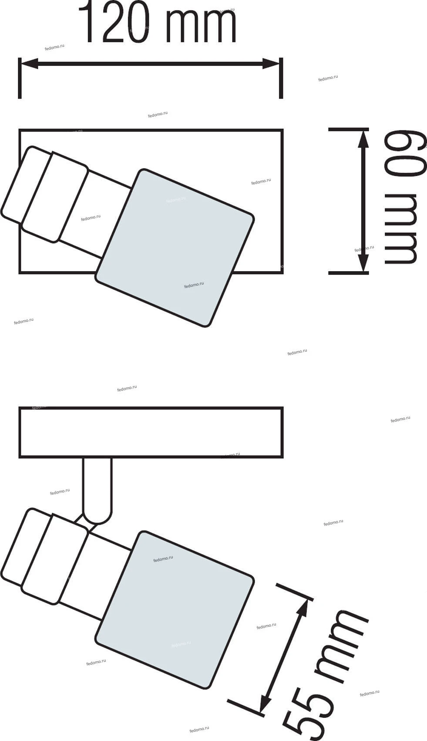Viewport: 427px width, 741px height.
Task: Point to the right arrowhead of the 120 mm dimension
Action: pyautogui.click(x=271, y=64)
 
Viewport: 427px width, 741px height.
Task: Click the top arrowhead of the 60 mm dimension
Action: pyautogui.click(x=363, y=139)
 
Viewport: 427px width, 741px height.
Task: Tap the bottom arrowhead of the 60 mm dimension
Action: pyautogui.click(x=363, y=263)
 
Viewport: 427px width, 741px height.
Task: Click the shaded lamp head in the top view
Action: pyautogui.click(x=175, y=248)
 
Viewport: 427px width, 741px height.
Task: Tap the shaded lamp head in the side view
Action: pyautogui.click(x=175, y=610)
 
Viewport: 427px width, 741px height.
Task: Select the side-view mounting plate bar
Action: pyautogui.click(x=151, y=432)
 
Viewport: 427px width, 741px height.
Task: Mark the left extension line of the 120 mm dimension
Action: pyautogui.click(x=20, y=78)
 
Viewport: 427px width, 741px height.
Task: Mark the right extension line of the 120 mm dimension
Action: pyautogui.click(x=281, y=78)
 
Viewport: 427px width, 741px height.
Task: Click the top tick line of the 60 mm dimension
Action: pyautogui.click(x=348, y=129)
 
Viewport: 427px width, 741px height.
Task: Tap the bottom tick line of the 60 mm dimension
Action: pyautogui.click(x=348, y=273)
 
